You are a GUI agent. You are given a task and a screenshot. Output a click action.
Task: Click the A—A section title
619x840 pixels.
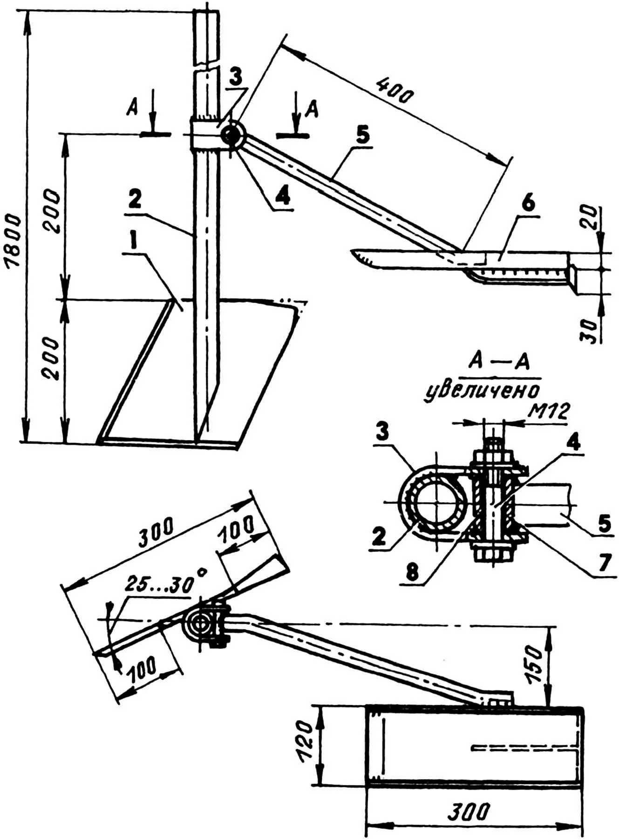(499, 363)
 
